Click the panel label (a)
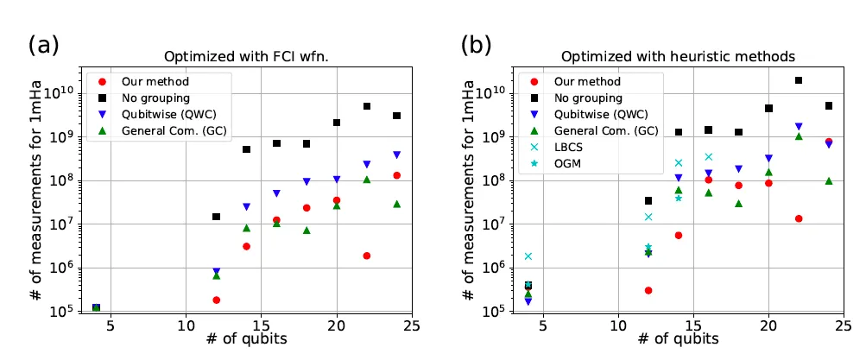[43, 44]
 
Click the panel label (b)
[476, 44]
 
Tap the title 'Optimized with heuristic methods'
[679, 57]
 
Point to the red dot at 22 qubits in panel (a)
[367, 256]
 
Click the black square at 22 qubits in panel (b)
[799, 80]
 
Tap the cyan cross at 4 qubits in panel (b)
[528, 256]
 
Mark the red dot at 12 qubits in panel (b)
[648, 290]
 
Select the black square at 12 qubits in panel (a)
[216, 217]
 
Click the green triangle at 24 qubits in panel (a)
[396, 205]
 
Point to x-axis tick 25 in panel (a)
[412, 328]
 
